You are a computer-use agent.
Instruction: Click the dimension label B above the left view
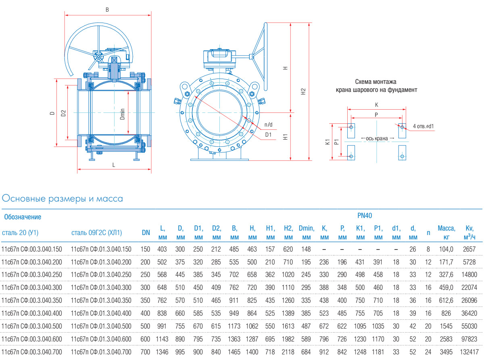click(x=107, y=9)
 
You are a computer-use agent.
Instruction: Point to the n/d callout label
click(x=268, y=124)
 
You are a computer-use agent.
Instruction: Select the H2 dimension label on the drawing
click(x=303, y=92)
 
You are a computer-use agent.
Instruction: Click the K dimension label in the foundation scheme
click(x=377, y=105)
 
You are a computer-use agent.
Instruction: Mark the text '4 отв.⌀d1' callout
click(x=423, y=126)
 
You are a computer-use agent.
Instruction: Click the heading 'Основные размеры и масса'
click(x=63, y=199)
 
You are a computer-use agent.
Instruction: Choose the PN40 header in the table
click(x=364, y=216)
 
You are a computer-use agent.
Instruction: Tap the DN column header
click(x=146, y=233)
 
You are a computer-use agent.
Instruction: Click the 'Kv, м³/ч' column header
click(x=469, y=233)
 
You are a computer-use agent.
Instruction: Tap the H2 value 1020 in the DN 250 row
click(x=288, y=275)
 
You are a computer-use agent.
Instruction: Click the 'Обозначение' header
click(x=23, y=217)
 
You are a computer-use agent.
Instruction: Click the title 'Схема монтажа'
click(x=376, y=82)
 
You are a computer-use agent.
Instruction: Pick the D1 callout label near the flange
click(x=268, y=135)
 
